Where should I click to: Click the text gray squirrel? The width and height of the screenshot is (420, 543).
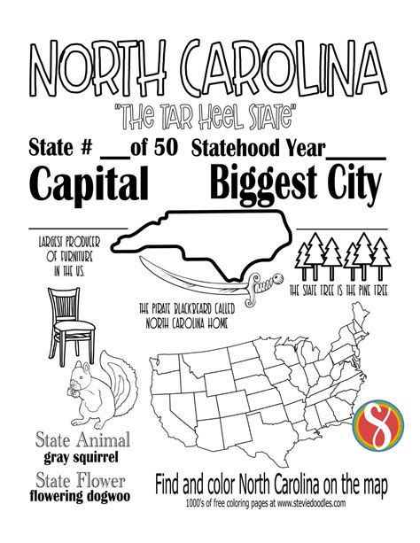(x=82, y=459)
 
